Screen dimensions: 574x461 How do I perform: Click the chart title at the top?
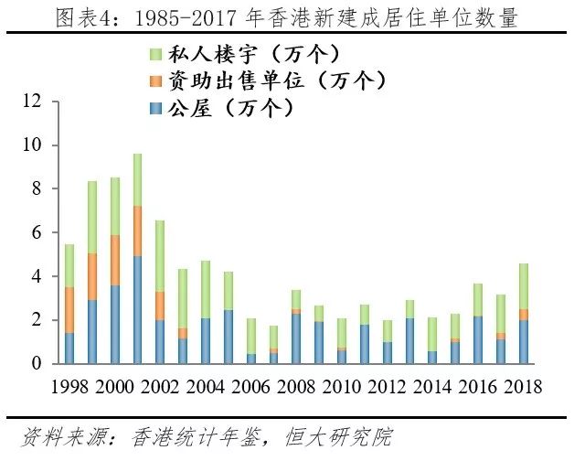[x=286, y=17]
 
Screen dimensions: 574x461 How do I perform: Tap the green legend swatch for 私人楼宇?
[x=155, y=54]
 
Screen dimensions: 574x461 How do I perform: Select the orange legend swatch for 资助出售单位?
[x=155, y=81]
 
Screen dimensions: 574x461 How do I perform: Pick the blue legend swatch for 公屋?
[x=155, y=109]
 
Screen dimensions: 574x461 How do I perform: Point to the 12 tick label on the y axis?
[x=32, y=101]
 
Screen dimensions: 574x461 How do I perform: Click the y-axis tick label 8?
[x=37, y=188]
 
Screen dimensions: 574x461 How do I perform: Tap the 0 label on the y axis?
[x=37, y=363]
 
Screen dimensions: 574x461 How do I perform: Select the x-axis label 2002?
[x=160, y=387]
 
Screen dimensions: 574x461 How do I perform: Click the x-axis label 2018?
[x=523, y=387]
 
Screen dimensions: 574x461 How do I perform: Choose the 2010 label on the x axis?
[x=342, y=387]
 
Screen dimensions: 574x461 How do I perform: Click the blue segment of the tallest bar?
[x=137, y=310]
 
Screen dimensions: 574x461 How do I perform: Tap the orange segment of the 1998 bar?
[x=69, y=310]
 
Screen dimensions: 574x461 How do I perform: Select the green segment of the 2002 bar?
[x=160, y=256]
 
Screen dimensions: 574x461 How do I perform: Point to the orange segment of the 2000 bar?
[x=115, y=261]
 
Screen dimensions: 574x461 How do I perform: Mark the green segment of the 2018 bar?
[x=524, y=286]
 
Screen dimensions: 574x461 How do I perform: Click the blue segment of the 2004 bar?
[x=206, y=341]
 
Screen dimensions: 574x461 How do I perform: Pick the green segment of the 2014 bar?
[x=432, y=335]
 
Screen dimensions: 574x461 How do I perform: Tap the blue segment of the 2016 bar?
[x=478, y=340]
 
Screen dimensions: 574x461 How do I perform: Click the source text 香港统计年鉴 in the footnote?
[x=196, y=437]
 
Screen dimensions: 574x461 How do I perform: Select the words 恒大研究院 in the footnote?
[x=337, y=437]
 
